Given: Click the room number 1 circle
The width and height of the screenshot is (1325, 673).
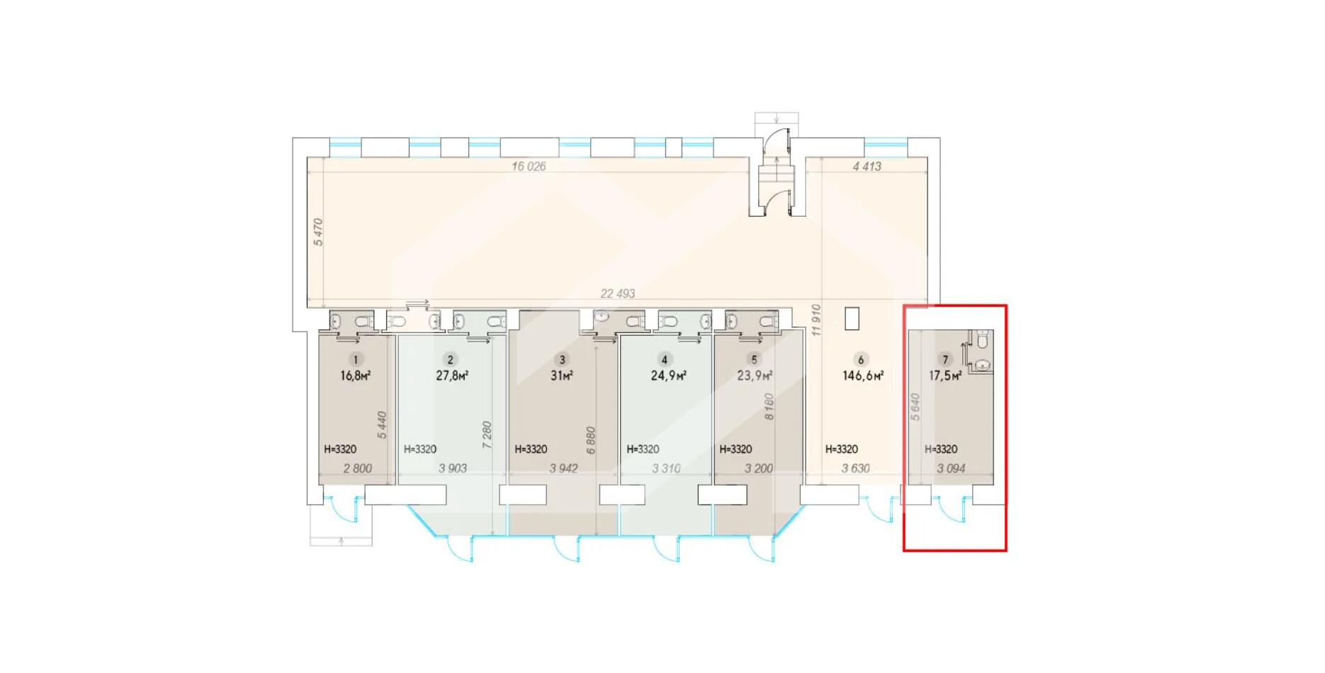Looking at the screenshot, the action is [356, 360].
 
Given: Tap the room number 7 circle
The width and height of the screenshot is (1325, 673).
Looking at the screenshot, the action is [945, 360].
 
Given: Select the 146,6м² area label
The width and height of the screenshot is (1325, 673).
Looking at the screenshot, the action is [863, 375].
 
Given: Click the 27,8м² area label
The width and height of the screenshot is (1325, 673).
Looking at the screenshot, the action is [452, 375].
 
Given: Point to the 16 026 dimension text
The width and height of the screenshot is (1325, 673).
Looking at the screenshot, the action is [529, 166].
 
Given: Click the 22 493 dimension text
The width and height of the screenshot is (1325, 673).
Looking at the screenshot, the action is [618, 293].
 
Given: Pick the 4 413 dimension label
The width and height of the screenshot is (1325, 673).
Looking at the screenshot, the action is [867, 166].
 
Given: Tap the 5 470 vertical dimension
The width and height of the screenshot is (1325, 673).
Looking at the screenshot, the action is [318, 232].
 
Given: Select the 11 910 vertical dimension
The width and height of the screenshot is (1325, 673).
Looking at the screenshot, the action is [816, 320].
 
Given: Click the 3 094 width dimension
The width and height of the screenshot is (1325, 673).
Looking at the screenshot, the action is [951, 468].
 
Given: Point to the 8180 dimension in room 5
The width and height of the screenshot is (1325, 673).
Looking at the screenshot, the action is [769, 407].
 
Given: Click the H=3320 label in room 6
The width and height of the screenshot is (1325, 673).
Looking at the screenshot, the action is [842, 449].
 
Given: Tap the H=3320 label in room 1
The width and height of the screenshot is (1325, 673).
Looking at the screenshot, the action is [340, 449].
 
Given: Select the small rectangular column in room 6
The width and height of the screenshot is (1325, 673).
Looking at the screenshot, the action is [852, 318].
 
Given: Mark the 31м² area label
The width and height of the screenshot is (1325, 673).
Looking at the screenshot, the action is [562, 375].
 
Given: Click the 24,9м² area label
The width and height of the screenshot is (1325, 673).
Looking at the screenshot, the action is [668, 375].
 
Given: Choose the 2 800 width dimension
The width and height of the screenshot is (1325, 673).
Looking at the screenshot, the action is [357, 468].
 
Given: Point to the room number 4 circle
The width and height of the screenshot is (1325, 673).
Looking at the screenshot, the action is [664, 360].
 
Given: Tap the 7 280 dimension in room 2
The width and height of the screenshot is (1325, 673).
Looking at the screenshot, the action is [487, 435].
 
